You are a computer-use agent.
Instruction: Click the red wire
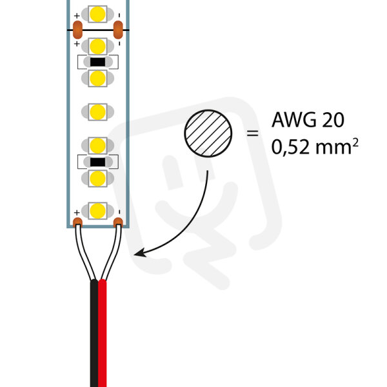pyautogui.click(x=102, y=333)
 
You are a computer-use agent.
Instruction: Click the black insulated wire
pyautogui.click(x=94, y=333)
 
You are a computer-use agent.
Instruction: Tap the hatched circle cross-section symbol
pyautogui.click(x=208, y=134)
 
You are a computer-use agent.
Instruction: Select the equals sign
pyautogui.click(x=252, y=134)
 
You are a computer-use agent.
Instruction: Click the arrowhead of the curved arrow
pyautogui.click(x=140, y=253)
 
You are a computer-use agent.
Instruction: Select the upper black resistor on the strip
pyautogui.click(x=98, y=62)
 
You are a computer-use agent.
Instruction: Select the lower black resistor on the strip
pyautogui.click(x=98, y=162)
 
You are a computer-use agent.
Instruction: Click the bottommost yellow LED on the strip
pyautogui.click(x=98, y=211)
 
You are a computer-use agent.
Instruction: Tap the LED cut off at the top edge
pyautogui.click(x=98, y=14)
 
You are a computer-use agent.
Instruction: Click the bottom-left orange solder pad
pyautogui.click(x=78, y=222)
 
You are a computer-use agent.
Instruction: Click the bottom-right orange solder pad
pyautogui.click(x=118, y=222)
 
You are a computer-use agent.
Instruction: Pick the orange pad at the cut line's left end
pyautogui.click(x=78, y=30)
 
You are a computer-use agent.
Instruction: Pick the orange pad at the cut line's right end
pyautogui.click(x=118, y=30)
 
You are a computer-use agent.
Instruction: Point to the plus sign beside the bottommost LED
pyautogui.click(x=77, y=212)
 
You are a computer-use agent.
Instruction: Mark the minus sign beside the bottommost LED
pyautogui.click(x=119, y=212)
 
